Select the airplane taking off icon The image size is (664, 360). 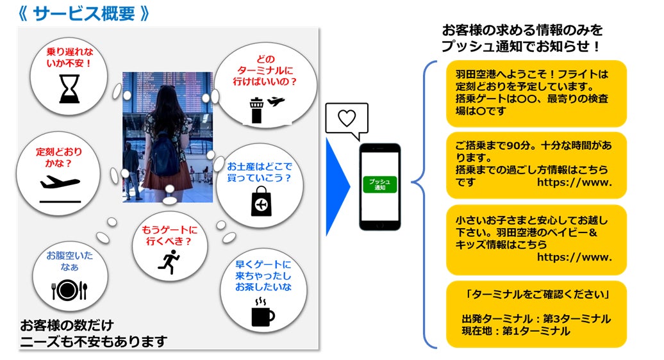tap(60, 184)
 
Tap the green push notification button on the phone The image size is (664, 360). tap(379, 184)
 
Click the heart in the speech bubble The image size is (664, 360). tap(347, 119)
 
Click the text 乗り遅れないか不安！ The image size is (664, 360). tap(69, 58)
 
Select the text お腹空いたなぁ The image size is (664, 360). tap(69, 261)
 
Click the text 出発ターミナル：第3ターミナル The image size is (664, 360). tap(536, 318)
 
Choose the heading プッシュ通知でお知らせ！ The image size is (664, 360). tap(521, 46)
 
